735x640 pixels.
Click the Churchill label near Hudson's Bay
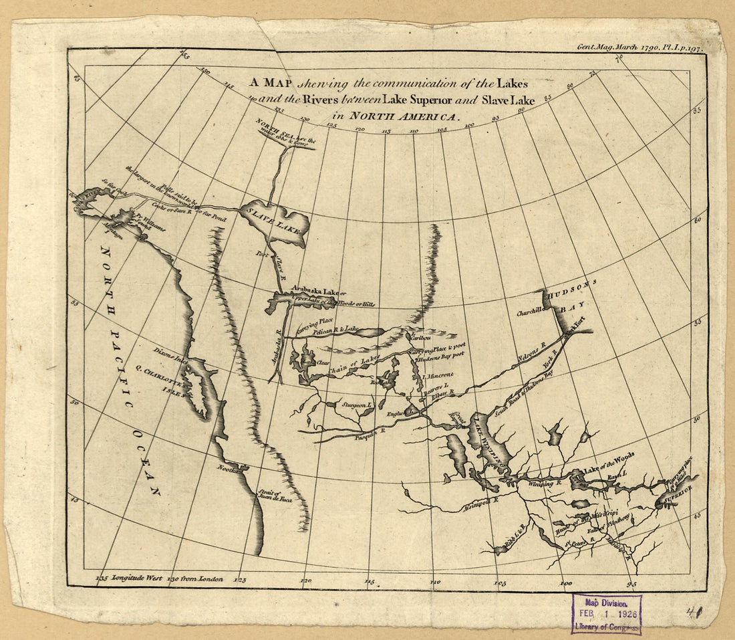[x=531, y=312]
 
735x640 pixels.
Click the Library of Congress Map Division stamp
[x=607, y=614]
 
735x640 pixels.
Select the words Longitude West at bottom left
[x=137, y=577]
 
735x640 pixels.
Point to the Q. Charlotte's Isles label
[x=163, y=379]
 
